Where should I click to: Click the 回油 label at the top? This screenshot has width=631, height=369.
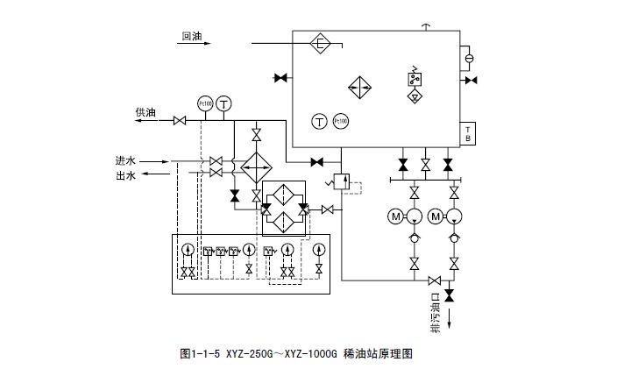point(192,37)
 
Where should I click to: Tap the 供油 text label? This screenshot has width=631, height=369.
point(145,112)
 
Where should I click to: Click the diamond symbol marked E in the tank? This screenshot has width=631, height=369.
point(321,42)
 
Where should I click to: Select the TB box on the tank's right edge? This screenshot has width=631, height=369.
point(468,134)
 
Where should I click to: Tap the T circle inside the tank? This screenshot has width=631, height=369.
point(319,121)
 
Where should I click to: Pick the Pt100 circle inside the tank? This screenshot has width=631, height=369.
point(340,121)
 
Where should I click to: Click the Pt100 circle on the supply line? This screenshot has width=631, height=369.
point(206,103)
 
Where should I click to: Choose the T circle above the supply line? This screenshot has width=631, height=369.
point(225,103)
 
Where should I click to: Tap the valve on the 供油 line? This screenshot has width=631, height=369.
point(180,120)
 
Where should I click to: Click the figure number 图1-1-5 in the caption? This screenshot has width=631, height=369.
point(201,355)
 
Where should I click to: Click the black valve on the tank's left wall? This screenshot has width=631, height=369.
point(281,79)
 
